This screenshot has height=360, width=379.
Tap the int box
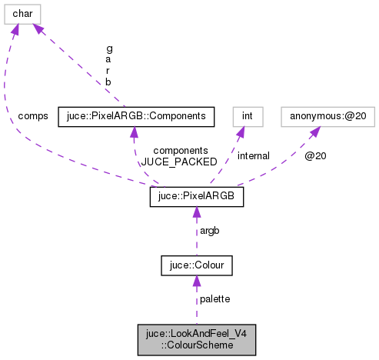(x=248, y=116)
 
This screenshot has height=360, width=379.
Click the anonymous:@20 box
(x=317, y=116)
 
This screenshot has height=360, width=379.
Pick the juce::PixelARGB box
(x=196, y=197)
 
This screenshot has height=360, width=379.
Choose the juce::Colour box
(x=196, y=265)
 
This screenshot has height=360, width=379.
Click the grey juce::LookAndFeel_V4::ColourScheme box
(x=196, y=339)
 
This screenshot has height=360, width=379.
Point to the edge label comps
(x=32, y=116)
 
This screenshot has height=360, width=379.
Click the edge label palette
(x=214, y=298)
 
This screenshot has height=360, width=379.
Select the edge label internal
(x=253, y=156)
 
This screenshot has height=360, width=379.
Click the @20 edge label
(x=314, y=156)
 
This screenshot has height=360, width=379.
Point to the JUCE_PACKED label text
(x=171, y=162)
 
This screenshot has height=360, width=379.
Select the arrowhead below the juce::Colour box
(x=196, y=282)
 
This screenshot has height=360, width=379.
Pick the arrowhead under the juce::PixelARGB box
(x=196, y=214)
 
